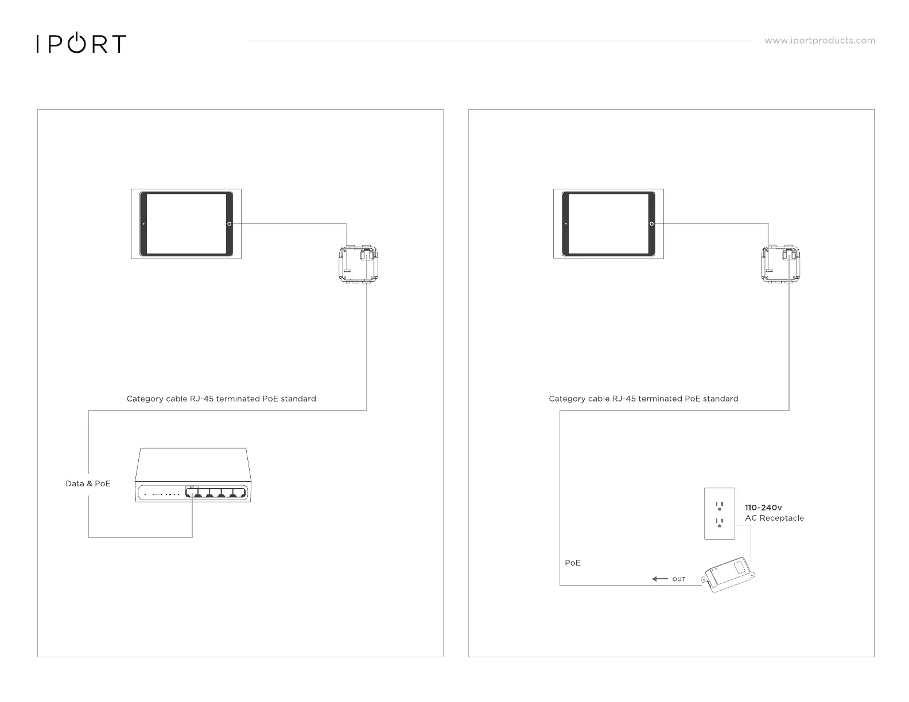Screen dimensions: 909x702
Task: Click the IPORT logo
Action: point(81,44)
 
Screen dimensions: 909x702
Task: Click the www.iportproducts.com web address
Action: point(819,41)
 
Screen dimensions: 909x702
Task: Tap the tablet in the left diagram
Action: point(187,224)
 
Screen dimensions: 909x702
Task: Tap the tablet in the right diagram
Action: point(608,224)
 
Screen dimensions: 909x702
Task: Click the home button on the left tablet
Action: point(229,224)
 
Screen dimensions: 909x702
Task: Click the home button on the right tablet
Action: point(651,224)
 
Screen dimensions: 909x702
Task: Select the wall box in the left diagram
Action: point(359,264)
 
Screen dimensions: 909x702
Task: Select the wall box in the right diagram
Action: point(781,264)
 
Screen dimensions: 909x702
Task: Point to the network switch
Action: point(192,476)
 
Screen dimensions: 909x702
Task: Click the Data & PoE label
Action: point(88,483)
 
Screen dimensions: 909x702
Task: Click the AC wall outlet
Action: point(719,513)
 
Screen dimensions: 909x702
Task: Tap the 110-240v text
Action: point(763,508)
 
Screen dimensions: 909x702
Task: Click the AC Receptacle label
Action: point(774,518)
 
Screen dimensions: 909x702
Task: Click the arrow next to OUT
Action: point(659,579)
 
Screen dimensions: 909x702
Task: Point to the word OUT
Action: point(679,579)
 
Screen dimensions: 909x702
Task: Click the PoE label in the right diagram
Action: point(573,563)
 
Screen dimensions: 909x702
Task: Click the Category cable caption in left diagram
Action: point(221,399)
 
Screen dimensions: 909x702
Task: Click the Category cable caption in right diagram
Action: point(643,399)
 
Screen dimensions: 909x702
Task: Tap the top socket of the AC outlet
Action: point(719,506)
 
